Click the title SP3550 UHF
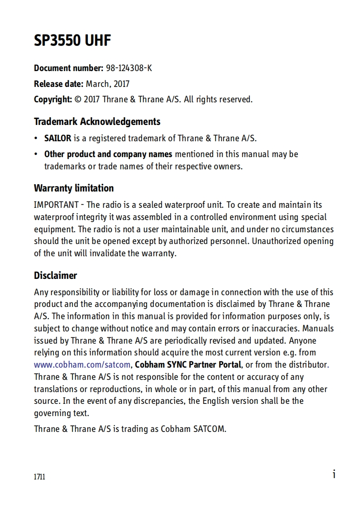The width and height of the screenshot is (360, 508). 72,41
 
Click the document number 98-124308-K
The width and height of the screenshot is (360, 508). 129,68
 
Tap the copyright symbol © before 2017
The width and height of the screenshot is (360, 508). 77,99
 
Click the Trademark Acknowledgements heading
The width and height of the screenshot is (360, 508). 97,121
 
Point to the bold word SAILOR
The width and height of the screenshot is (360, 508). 58,138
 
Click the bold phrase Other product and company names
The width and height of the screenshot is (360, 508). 108,154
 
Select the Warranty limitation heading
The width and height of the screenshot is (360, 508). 74,188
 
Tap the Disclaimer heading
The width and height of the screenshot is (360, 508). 55,275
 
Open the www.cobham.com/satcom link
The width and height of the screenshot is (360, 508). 82,364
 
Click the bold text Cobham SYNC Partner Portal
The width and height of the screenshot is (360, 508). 188,364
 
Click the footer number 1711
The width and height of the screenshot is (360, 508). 39,477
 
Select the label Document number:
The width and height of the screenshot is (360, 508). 68,68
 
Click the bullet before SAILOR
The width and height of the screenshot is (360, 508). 36,139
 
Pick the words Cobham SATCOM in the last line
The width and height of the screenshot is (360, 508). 193,428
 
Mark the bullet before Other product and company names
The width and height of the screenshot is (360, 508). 36,154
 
